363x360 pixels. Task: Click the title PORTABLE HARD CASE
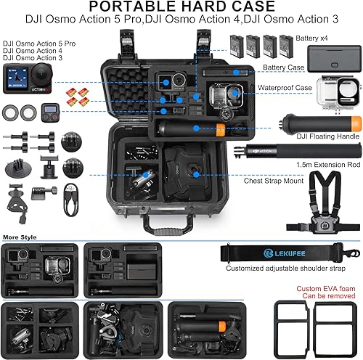pyautogui.click(x=181, y=9)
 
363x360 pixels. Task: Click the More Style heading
pyautogui.click(x=21, y=237)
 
